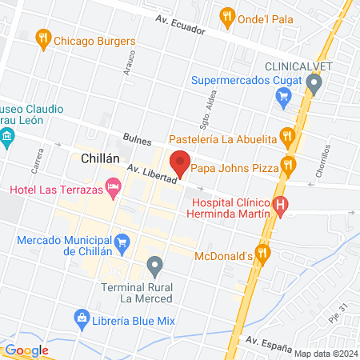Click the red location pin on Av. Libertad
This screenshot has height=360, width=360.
[181, 162]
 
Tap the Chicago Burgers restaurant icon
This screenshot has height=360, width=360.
[45, 37]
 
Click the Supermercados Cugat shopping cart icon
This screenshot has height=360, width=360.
[282, 97]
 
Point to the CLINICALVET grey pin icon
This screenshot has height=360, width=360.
[314, 82]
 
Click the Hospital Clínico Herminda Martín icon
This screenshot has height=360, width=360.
[280, 206]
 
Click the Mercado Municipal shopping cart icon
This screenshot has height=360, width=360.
[122, 241]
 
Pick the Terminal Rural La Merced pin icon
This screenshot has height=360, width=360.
[155, 263]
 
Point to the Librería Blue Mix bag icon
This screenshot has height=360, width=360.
[81, 318]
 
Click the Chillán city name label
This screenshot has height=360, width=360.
[101, 158]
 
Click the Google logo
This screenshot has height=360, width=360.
[26, 350]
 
